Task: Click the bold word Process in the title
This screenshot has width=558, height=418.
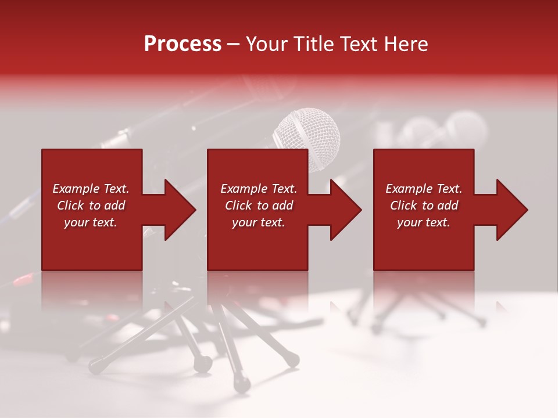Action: (183, 44)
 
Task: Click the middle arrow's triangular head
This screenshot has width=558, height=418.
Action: (347, 210)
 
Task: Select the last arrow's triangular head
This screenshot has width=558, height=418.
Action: (513, 210)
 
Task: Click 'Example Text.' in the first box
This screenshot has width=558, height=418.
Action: (91, 189)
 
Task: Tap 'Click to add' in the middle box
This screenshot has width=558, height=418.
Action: (259, 206)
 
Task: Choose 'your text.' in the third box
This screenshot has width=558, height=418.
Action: (424, 222)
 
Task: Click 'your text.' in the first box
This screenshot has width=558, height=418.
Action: (91, 222)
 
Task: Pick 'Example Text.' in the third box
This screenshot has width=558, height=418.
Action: (424, 189)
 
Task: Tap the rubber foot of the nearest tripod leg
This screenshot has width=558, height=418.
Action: (241, 384)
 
